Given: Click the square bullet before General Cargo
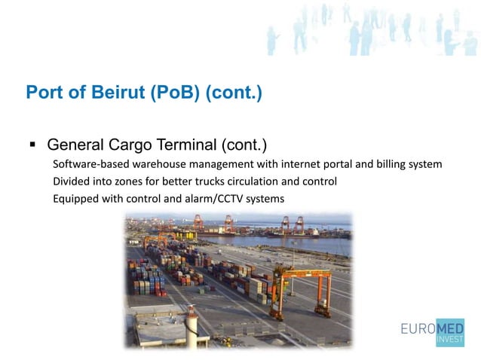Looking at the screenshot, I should (32, 143).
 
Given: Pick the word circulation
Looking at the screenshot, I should (263, 182).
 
